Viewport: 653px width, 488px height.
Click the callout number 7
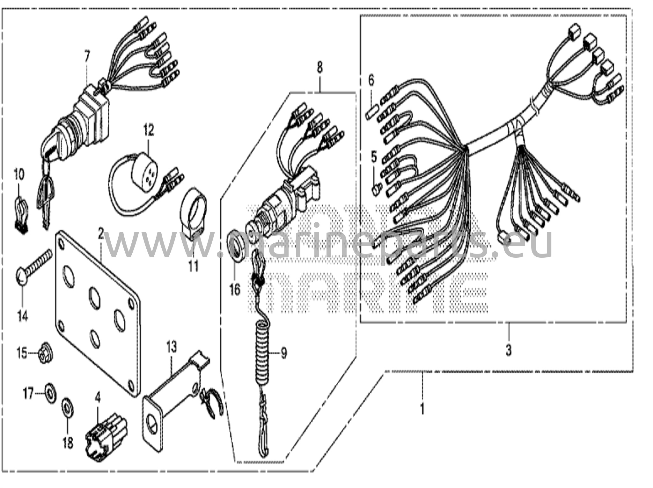coord(87,57)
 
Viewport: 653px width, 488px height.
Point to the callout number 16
coord(235,290)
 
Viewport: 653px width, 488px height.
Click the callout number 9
coord(283,353)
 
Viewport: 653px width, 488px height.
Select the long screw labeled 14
coord(33,266)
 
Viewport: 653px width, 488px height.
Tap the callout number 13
coord(171,347)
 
